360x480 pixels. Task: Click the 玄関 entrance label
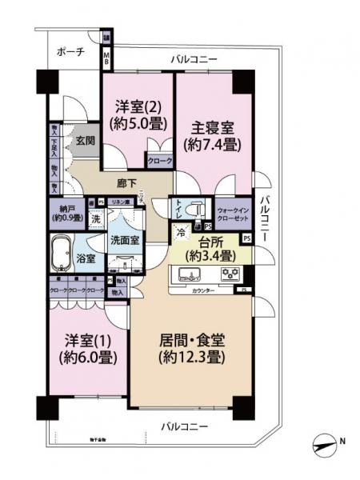(86, 142)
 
